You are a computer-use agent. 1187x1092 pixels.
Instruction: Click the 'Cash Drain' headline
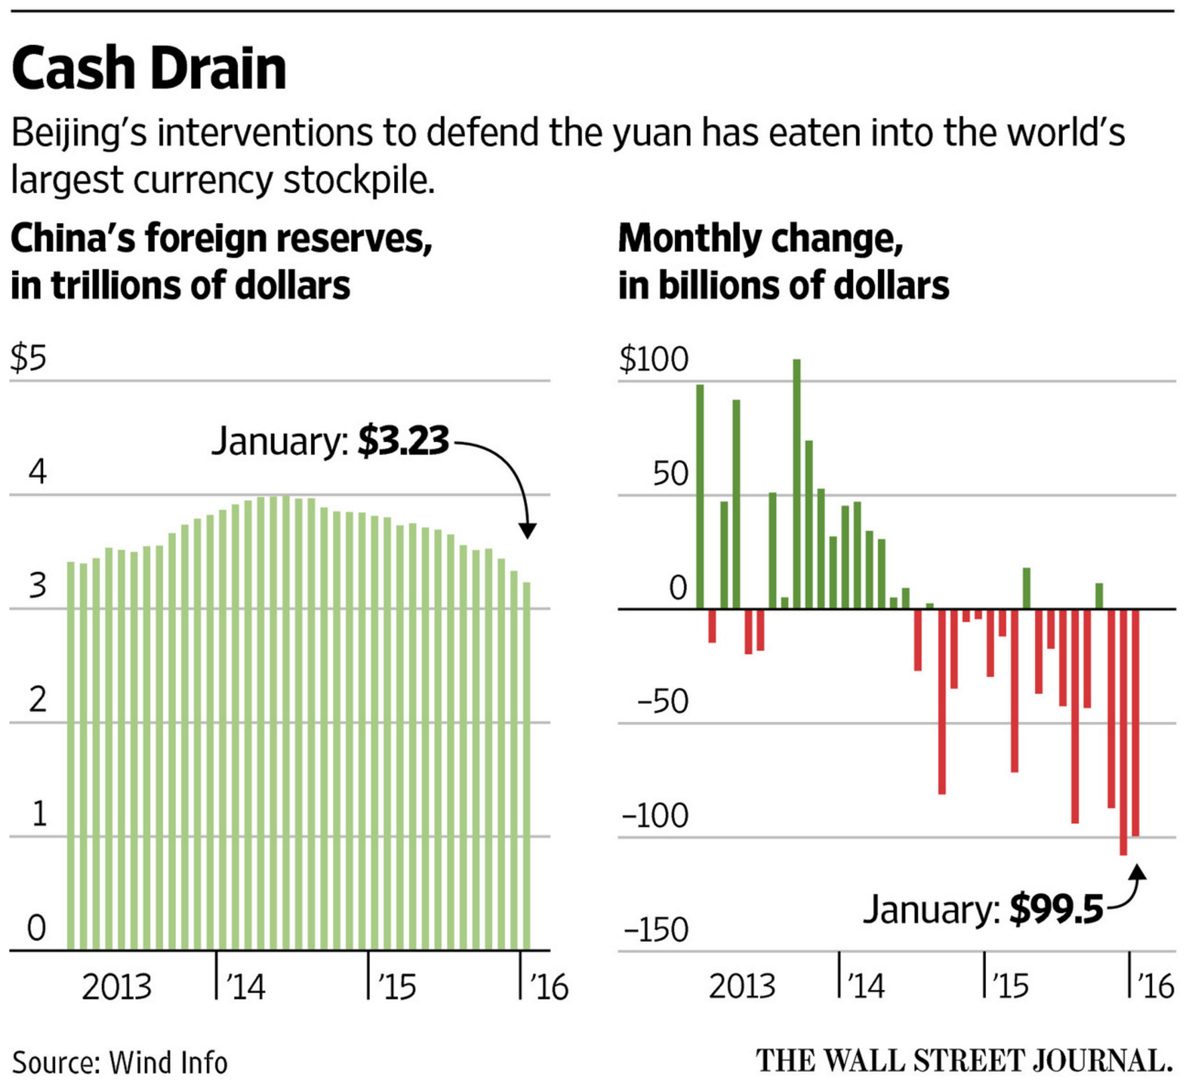pyautogui.click(x=149, y=68)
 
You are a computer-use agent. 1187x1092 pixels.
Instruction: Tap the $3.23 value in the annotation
pyautogui.click(x=403, y=440)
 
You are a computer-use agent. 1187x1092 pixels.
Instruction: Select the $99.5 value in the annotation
pyautogui.click(x=1056, y=909)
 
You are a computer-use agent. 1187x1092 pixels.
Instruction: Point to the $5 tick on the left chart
pyautogui.click(x=28, y=358)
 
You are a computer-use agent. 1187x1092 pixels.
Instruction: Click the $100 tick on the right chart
pyautogui.click(x=653, y=359)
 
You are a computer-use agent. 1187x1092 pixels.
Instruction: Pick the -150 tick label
pyautogui.click(x=655, y=930)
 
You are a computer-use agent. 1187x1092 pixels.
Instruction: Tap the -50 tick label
pyautogui.click(x=662, y=702)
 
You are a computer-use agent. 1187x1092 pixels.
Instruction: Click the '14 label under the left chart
pyautogui.click(x=245, y=987)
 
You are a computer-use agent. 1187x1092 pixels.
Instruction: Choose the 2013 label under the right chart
pyautogui.click(x=742, y=986)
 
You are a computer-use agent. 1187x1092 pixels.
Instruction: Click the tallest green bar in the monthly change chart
pyautogui.click(x=797, y=483)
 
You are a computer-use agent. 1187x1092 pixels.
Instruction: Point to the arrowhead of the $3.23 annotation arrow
pyautogui.click(x=527, y=531)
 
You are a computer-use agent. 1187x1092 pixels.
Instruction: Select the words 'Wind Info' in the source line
pyautogui.click(x=168, y=1063)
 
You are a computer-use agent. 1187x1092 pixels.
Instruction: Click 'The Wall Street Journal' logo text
pyautogui.click(x=964, y=1061)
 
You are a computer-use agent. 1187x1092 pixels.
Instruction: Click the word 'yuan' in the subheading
pyautogui.click(x=651, y=133)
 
